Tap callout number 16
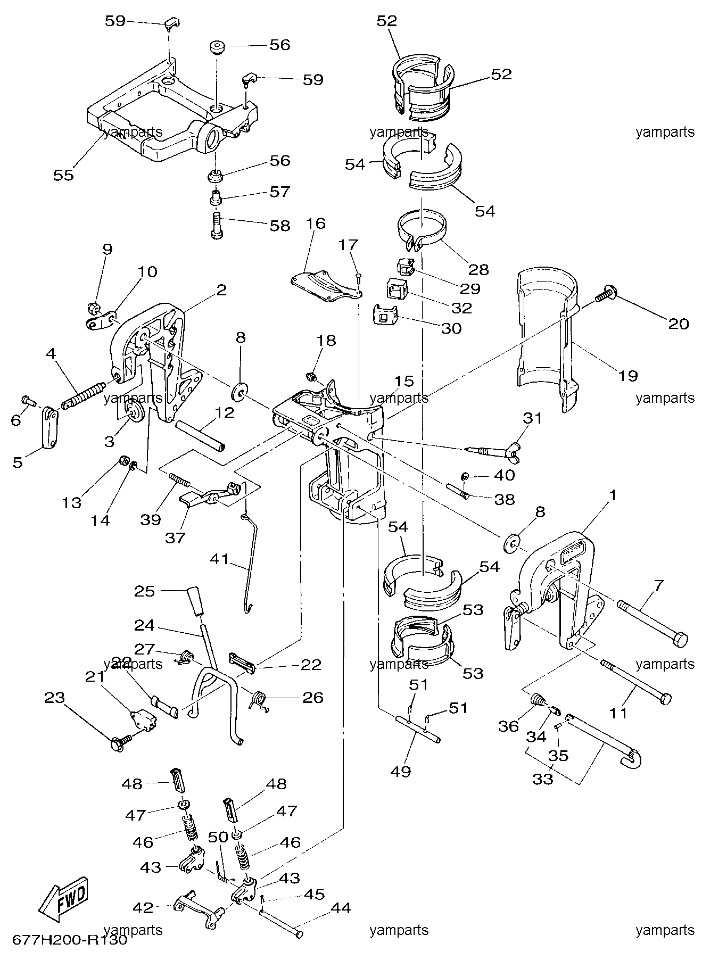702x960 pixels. pos(315,223)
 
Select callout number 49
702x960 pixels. pos(401,771)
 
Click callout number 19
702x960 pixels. pos(629,376)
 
